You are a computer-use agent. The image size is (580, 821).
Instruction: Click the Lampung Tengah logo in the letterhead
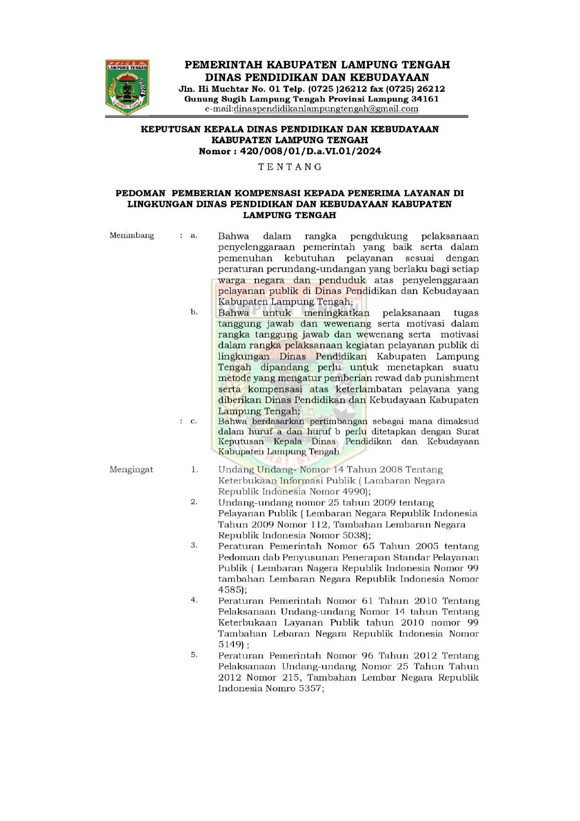pyautogui.click(x=127, y=87)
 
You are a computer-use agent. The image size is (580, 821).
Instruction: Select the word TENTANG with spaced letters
pyautogui.click(x=290, y=167)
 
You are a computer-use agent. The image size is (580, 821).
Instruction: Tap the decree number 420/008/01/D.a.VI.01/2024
pyautogui.click(x=310, y=151)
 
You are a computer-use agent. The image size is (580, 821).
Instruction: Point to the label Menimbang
pyautogui.click(x=131, y=235)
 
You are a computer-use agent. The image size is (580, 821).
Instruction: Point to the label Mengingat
pyautogui.click(x=131, y=469)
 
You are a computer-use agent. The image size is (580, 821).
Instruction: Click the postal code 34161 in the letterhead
pyautogui.click(x=425, y=99)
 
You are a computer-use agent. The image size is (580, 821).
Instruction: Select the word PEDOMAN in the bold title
pyautogui.click(x=140, y=193)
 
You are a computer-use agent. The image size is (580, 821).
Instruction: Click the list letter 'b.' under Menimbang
pyautogui.click(x=194, y=312)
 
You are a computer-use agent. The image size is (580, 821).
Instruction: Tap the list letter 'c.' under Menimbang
pyautogui.click(x=194, y=421)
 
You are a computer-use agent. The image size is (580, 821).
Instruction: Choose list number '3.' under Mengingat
pyautogui.click(x=194, y=545)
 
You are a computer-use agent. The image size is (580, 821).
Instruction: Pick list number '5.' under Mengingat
pyautogui.click(x=194, y=655)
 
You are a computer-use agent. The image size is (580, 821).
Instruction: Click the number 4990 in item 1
pyautogui.click(x=355, y=492)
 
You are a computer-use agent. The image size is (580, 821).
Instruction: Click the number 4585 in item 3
pyautogui.click(x=230, y=590)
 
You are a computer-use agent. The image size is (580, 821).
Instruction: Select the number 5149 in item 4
pyautogui.click(x=230, y=645)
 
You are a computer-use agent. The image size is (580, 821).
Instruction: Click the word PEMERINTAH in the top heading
pyautogui.click(x=222, y=65)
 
